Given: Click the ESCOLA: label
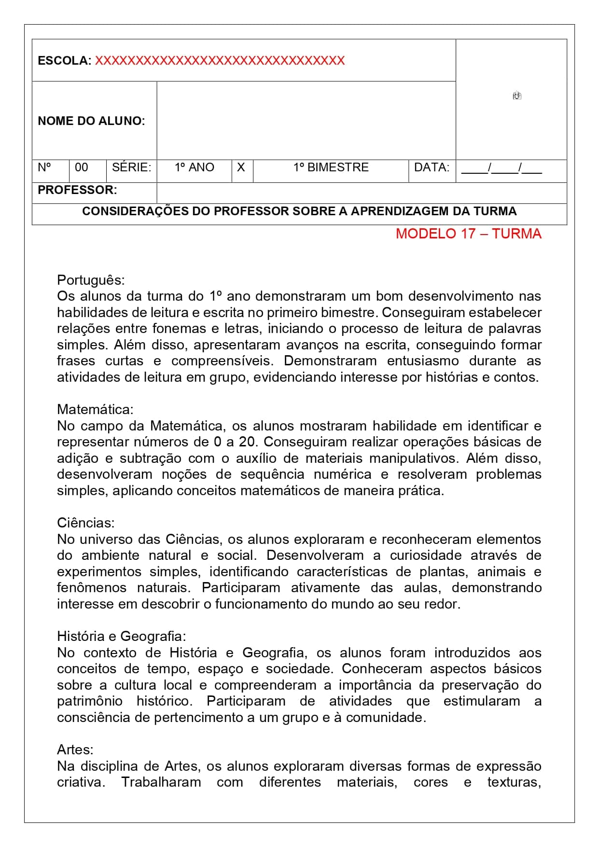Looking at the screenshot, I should [64, 61].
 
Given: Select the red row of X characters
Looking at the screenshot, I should [220, 61].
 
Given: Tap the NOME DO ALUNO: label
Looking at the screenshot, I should [91, 121].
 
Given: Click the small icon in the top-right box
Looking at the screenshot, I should [517, 96].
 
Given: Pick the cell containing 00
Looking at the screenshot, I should [82, 167].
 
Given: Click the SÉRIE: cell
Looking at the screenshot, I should [131, 167].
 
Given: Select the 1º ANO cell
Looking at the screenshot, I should [194, 167].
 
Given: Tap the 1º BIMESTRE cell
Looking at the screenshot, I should [331, 167].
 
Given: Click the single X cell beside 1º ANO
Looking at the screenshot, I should [241, 167].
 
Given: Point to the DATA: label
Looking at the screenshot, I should [432, 167].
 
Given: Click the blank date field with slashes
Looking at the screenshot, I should [501, 168].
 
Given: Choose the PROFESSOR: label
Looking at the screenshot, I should [77, 190].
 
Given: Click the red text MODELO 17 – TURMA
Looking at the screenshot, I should [468, 234].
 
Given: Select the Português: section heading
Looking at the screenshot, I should [91, 280].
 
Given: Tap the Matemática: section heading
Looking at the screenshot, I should [95, 409].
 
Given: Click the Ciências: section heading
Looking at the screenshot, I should [86, 523].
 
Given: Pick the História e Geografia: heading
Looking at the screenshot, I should [121, 636].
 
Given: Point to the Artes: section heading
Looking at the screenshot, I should [75, 750].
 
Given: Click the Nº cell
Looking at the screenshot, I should [44, 167].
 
